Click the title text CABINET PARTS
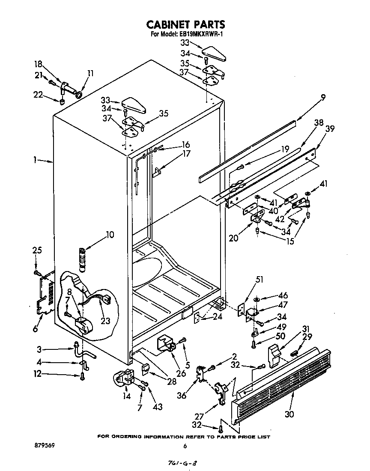[x=185, y=24]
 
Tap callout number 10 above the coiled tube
[x=110, y=234]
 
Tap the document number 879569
[x=43, y=446]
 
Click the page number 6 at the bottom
[x=185, y=446]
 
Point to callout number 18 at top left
[x=38, y=64]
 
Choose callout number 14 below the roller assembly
[x=126, y=396]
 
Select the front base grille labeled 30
[x=283, y=377]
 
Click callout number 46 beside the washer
[x=283, y=295]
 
